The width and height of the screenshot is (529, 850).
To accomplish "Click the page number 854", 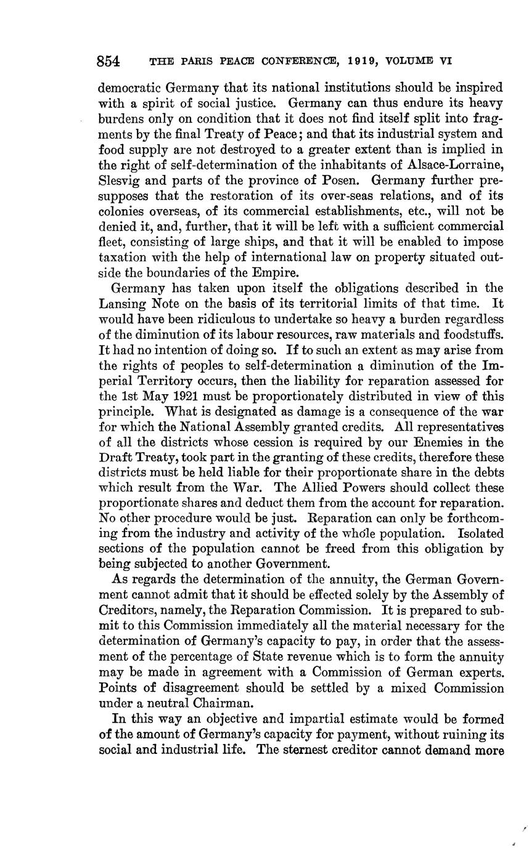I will tap(108, 62).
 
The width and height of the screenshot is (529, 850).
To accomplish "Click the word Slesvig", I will tap(119, 180).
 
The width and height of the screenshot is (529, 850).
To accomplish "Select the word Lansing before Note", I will tap(121, 304).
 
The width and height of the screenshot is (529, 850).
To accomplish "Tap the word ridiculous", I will tap(214, 319).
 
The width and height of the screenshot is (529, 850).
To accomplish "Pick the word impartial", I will tap(319, 719).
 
